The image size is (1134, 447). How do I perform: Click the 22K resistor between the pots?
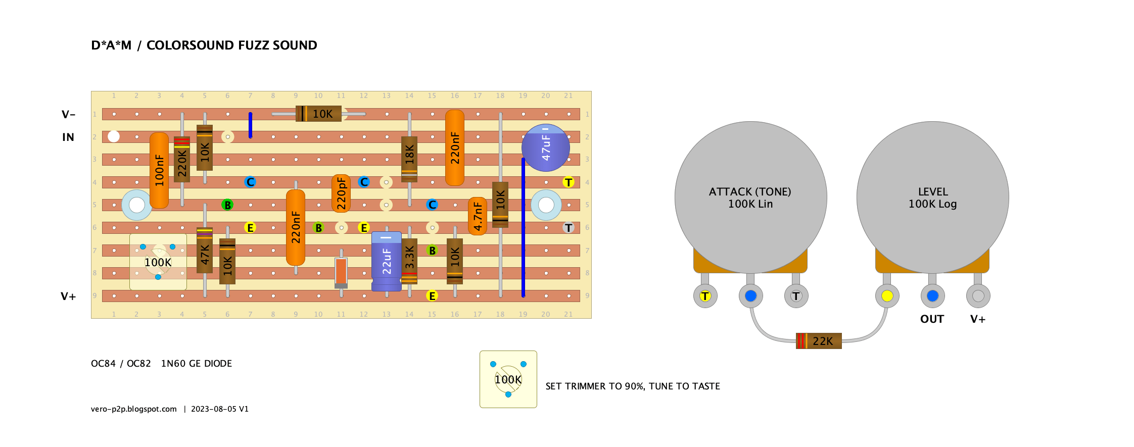point(819,341)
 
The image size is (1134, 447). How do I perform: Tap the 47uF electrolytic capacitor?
point(546,147)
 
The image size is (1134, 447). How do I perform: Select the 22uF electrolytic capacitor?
point(387,261)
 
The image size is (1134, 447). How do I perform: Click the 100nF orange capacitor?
point(159,170)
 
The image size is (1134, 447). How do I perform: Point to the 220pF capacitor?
point(341,193)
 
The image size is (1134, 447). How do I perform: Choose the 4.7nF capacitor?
point(478,216)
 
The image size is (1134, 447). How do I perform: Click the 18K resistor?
point(409,159)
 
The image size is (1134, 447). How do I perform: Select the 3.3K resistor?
point(409,261)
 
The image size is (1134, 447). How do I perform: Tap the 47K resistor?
point(205,250)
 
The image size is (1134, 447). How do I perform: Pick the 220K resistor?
point(182,159)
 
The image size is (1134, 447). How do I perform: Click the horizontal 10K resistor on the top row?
point(318,114)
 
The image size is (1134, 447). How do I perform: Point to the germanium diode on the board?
point(341,273)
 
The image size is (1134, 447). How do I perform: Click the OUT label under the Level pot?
point(932,319)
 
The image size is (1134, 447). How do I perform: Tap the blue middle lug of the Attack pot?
point(751,296)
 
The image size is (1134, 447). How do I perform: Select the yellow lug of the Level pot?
point(887,296)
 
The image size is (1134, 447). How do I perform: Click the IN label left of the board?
point(68,137)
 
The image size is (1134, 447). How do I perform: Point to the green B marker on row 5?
point(227,205)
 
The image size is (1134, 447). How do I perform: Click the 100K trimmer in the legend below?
point(508,379)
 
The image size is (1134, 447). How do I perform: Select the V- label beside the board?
point(68,115)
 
